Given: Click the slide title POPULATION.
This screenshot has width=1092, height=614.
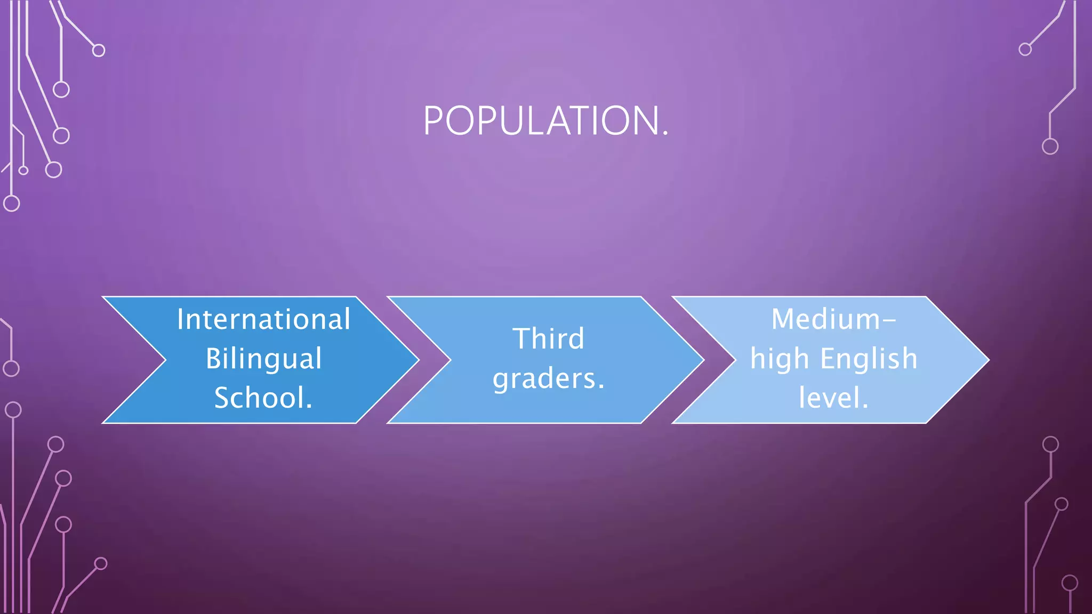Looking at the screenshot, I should coord(545,121).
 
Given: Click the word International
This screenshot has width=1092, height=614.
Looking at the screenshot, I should coord(263,320).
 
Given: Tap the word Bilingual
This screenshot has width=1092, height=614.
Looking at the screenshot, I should coord(263,359).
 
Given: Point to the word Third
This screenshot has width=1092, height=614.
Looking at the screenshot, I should coord(548,339).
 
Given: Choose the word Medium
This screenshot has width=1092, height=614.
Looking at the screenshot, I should coord(825,320).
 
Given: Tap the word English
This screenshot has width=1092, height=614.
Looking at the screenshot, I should coord(869,359).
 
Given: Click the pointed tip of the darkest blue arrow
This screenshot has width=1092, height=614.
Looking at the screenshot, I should coord(417,360).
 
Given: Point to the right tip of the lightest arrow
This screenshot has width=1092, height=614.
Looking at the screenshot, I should coord(988,360).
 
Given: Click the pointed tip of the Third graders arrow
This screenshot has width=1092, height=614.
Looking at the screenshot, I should coord(703,360).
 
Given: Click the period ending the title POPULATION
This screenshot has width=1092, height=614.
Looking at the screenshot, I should coord(665,134).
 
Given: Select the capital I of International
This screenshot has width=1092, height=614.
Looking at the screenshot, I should coord(180,320).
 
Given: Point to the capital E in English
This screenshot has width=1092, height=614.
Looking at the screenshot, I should coord(828,359).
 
